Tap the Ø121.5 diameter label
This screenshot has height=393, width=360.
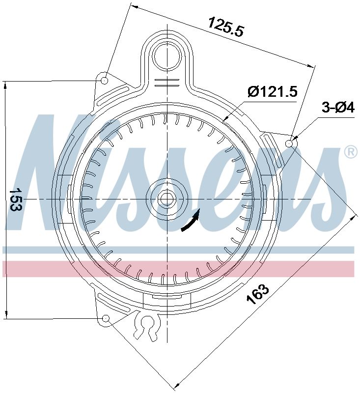pyautogui.click(x=273, y=91)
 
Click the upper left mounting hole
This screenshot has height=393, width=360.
pyautogui.click(x=105, y=80)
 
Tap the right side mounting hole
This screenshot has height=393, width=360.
pyautogui.click(x=290, y=143)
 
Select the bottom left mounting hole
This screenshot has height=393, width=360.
pyautogui.click(x=105, y=319)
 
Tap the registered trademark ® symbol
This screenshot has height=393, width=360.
pyautogui.click(x=351, y=152)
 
